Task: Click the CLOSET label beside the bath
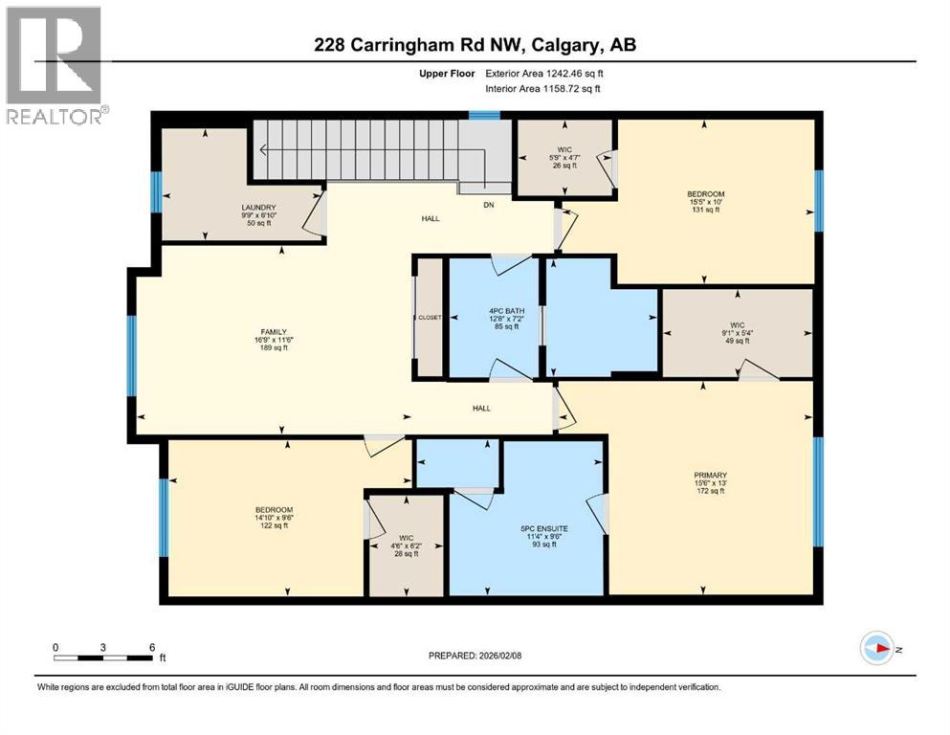429,318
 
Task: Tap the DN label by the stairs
488,204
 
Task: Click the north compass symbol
876,648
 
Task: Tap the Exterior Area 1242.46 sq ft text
545,73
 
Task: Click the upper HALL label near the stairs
431,219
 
